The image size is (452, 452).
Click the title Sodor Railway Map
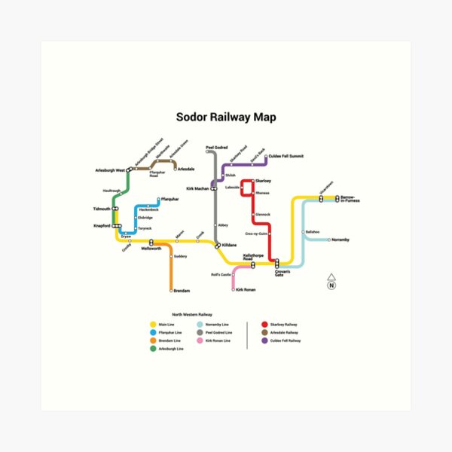[x=225, y=118]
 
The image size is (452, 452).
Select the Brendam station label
[x=182, y=290]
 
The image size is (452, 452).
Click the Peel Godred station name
[x=216, y=148]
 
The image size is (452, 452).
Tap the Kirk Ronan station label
[x=246, y=289]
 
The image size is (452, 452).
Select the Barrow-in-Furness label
[x=350, y=200]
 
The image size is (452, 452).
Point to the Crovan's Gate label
[x=282, y=272]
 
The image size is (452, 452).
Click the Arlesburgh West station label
[x=110, y=169]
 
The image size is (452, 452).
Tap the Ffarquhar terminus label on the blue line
[x=169, y=198]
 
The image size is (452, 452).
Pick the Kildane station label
[x=229, y=246]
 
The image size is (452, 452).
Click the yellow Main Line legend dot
[x=153, y=324]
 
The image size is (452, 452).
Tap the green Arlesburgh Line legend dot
[x=153, y=349]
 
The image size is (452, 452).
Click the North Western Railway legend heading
[x=192, y=314]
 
